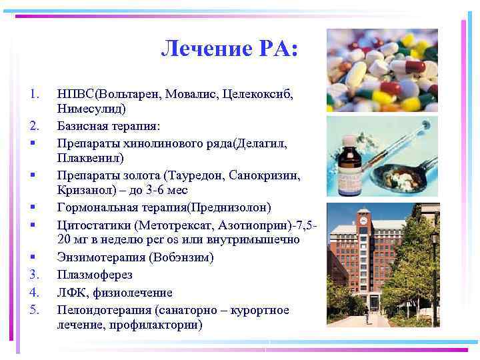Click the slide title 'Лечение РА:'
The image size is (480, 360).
coord(231,49)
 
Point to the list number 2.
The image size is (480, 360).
coord(35,125)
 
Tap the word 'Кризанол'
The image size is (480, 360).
coord(84,190)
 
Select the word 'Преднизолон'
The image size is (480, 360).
coord(227,207)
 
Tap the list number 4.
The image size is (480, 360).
coord(35,292)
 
